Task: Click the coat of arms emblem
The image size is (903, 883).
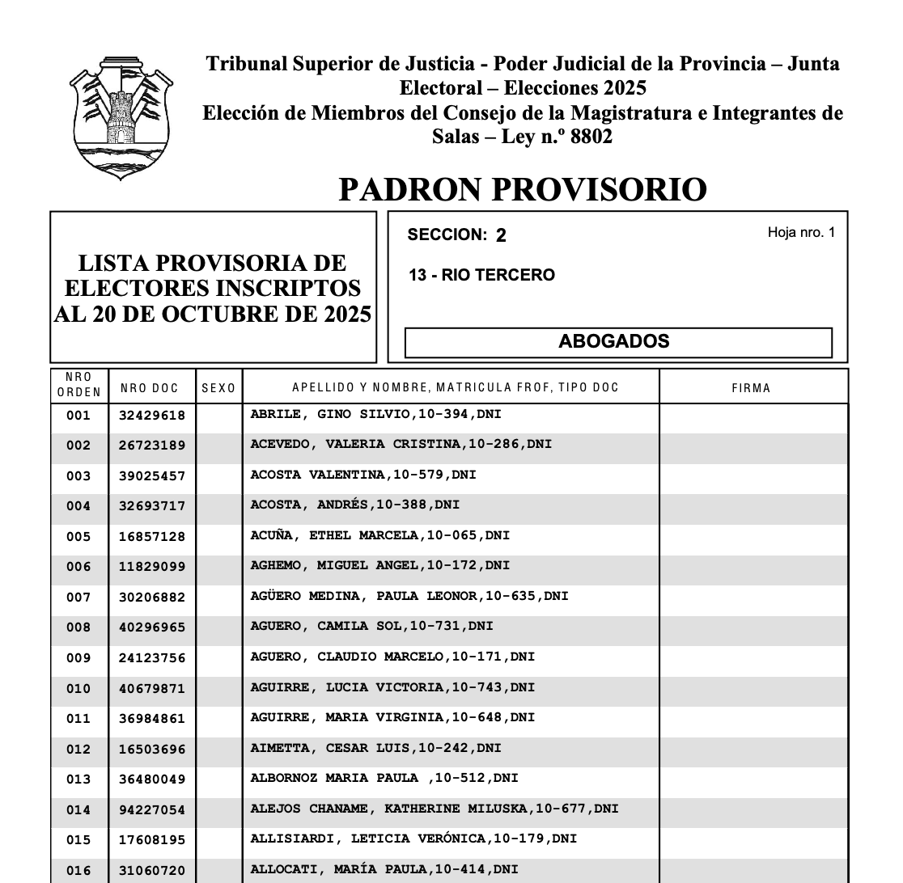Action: pyautogui.click(x=122, y=118)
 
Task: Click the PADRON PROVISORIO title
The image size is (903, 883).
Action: pyautogui.click(x=522, y=189)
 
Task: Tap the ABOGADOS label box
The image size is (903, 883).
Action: pyautogui.click(x=617, y=342)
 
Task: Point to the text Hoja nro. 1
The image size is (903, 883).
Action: pyautogui.click(x=800, y=233)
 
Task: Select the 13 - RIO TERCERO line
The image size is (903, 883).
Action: pyautogui.click(x=481, y=275)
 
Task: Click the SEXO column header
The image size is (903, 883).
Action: pyautogui.click(x=218, y=388)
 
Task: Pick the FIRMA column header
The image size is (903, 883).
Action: pyautogui.click(x=751, y=388)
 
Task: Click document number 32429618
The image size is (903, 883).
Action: pyautogui.click(x=152, y=416)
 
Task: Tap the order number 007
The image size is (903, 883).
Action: pyautogui.click(x=78, y=598)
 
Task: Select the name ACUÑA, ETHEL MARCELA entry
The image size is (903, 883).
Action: pyautogui.click(x=380, y=535)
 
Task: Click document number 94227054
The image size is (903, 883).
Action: pyautogui.click(x=152, y=810)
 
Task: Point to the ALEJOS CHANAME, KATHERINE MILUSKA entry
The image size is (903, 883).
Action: pyautogui.click(x=434, y=808)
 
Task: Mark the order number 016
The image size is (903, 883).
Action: pyautogui.click(x=78, y=871)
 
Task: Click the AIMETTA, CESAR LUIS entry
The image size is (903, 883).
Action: pyautogui.click(x=375, y=748)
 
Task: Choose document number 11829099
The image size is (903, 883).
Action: pyautogui.click(x=152, y=568)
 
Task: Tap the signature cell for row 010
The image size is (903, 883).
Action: pyautogui.click(x=752, y=688)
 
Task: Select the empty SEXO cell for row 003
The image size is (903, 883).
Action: pyautogui.click(x=218, y=475)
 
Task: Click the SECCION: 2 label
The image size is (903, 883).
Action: pyautogui.click(x=457, y=235)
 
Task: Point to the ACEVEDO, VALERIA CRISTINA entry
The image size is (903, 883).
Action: pyautogui.click(x=401, y=444)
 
